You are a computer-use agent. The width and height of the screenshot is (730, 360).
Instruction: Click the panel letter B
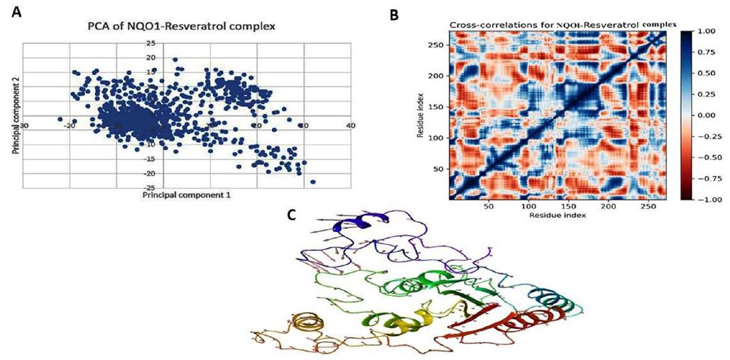[394, 13]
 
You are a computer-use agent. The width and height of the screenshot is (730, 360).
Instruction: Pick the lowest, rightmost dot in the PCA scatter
[313, 182]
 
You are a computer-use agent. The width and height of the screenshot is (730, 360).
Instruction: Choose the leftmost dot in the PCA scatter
[60, 119]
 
